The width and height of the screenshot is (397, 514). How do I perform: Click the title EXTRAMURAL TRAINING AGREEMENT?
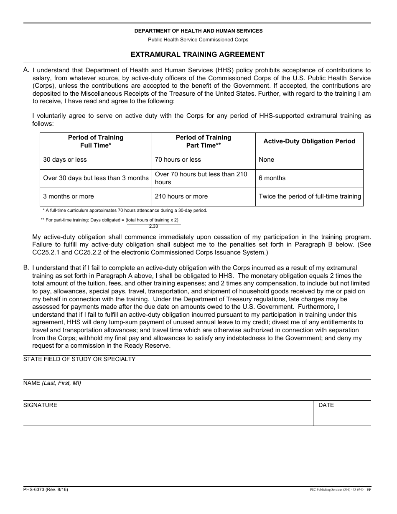click(x=198, y=54)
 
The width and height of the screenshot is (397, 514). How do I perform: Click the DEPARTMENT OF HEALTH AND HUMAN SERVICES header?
click(x=198, y=31)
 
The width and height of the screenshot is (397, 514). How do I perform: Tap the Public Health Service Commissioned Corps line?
click(x=198, y=40)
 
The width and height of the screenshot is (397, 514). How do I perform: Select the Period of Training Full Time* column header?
click(x=96, y=141)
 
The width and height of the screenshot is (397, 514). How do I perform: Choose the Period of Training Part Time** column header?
click(x=204, y=141)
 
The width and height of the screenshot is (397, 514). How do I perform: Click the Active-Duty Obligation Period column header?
click(x=309, y=141)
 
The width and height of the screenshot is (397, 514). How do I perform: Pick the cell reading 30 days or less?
click(x=65, y=160)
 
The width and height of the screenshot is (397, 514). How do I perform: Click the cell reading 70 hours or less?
click(x=178, y=160)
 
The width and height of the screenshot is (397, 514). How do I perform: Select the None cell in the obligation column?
click(x=267, y=160)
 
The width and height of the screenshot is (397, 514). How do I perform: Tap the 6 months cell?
click(x=272, y=178)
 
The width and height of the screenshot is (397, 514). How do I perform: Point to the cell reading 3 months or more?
click(x=69, y=196)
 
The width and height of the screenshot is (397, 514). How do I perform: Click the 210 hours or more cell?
click(x=181, y=196)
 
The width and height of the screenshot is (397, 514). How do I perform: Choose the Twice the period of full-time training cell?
click(x=310, y=196)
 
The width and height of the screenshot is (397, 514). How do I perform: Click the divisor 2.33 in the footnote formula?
click(x=153, y=226)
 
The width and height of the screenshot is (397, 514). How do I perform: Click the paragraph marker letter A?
click(x=26, y=70)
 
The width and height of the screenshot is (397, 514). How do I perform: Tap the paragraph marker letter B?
click(x=26, y=267)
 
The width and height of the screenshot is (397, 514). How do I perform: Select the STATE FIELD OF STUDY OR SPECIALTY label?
click(x=79, y=359)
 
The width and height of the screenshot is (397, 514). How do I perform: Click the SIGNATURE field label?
click(x=40, y=405)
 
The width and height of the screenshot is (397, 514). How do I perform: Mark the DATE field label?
click(x=326, y=405)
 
